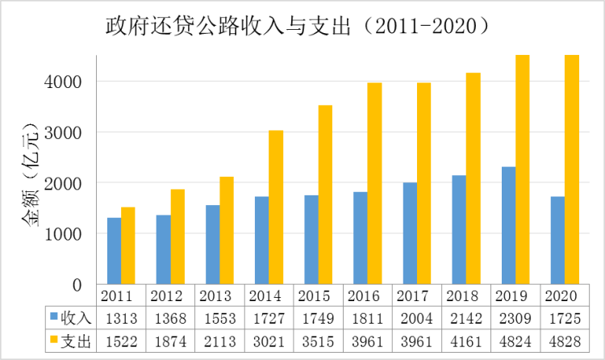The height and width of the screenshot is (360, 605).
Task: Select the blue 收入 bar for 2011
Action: click(x=115, y=251)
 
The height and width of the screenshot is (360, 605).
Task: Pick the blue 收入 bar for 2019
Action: click(x=508, y=225)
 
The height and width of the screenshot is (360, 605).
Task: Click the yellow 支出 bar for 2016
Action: click(x=374, y=183)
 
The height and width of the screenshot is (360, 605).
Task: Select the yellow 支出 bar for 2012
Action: click(x=177, y=237)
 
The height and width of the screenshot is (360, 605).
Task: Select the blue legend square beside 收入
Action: click(x=55, y=317)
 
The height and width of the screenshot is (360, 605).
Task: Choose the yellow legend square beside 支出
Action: click(x=55, y=341)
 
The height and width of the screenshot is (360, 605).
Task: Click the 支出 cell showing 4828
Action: click(x=564, y=341)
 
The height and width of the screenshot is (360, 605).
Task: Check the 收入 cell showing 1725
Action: click(x=564, y=317)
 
